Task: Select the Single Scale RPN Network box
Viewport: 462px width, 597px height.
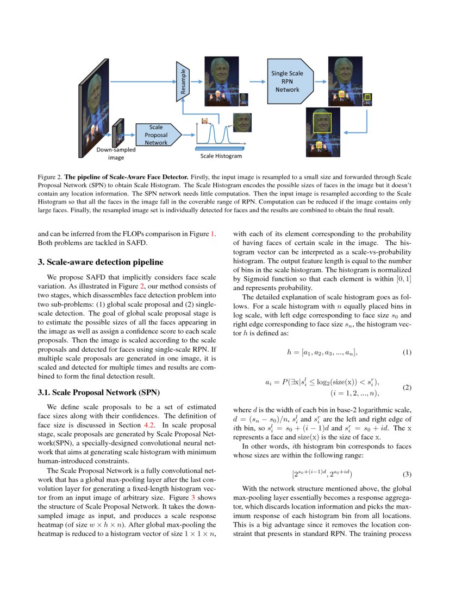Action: click(x=287, y=81)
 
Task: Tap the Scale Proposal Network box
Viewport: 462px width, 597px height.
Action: click(x=156, y=135)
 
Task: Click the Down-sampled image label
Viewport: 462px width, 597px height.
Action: click(x=116, y=154)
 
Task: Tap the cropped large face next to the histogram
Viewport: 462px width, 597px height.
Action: click(x=242, y=122)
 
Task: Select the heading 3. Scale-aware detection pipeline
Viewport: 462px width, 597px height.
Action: click(x=100, y=262)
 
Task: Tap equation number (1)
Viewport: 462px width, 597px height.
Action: click(x=407, y=353)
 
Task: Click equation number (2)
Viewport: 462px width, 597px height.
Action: click(x=407, y=388)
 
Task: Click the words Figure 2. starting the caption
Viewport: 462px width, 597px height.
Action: click(x=50, y=177)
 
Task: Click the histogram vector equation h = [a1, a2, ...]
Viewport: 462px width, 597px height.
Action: click(x=322, y=353)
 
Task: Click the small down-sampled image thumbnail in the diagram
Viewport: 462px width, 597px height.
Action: click(x=117, y=133)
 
